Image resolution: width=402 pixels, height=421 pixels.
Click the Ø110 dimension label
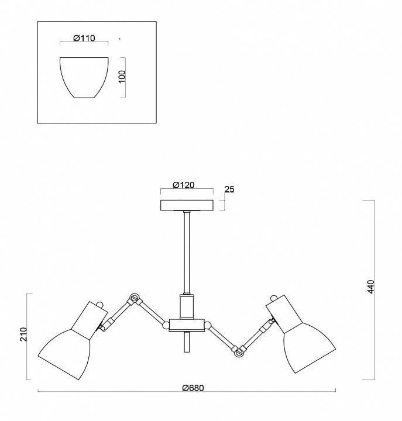coord(84,38)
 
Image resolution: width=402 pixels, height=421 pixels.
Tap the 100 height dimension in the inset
coord(122,77)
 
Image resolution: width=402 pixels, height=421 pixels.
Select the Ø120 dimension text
coord(184,185)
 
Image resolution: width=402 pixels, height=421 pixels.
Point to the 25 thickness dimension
coord(229,189)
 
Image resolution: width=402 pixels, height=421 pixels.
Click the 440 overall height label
coord(370,287)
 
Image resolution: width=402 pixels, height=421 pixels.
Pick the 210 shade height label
coord(23,334)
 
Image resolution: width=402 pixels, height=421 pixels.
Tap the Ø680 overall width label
coord(193,388)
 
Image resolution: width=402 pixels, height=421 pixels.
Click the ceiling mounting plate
coord(187,205)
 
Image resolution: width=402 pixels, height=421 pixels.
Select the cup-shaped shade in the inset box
coord(84,77)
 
